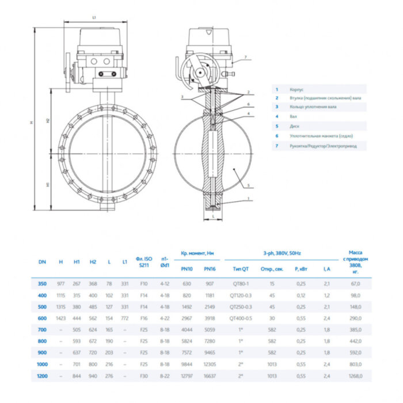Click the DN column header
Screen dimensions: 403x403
(42, 262)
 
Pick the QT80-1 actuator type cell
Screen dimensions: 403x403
(239, 284)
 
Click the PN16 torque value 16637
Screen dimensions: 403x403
(210, 376)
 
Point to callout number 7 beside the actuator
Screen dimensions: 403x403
(244, 58)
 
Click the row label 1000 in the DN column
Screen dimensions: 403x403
(42, 364)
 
